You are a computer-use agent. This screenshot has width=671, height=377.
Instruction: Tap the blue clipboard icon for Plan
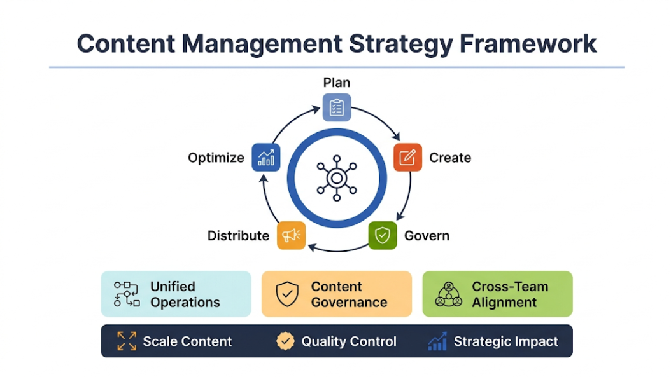[336, 107]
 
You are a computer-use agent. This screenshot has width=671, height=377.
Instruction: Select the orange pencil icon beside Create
[407, 158]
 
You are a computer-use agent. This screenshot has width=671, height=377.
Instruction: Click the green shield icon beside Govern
[382, 235]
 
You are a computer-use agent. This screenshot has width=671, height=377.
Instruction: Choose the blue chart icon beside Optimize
[266, 158]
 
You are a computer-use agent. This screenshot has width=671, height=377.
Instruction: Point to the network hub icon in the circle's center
[336, 178]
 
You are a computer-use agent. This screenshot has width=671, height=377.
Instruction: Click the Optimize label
[216, 158]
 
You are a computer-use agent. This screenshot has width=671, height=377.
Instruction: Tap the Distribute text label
[238, 236]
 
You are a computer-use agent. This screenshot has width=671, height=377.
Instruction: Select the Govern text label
[427, 236]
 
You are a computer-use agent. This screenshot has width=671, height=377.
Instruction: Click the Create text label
[450, 158]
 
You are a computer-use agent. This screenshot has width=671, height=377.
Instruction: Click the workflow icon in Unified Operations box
[126, 294]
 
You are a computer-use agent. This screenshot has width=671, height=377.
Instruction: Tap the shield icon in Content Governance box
[287, 294]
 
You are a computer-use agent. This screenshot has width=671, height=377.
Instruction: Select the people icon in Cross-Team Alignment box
[448, 294]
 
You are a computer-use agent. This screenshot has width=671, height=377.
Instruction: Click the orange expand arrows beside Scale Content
[127, 341]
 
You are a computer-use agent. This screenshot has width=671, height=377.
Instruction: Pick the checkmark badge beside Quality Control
[285, 341]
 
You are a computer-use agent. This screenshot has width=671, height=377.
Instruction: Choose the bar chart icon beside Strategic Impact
[437, 341]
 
